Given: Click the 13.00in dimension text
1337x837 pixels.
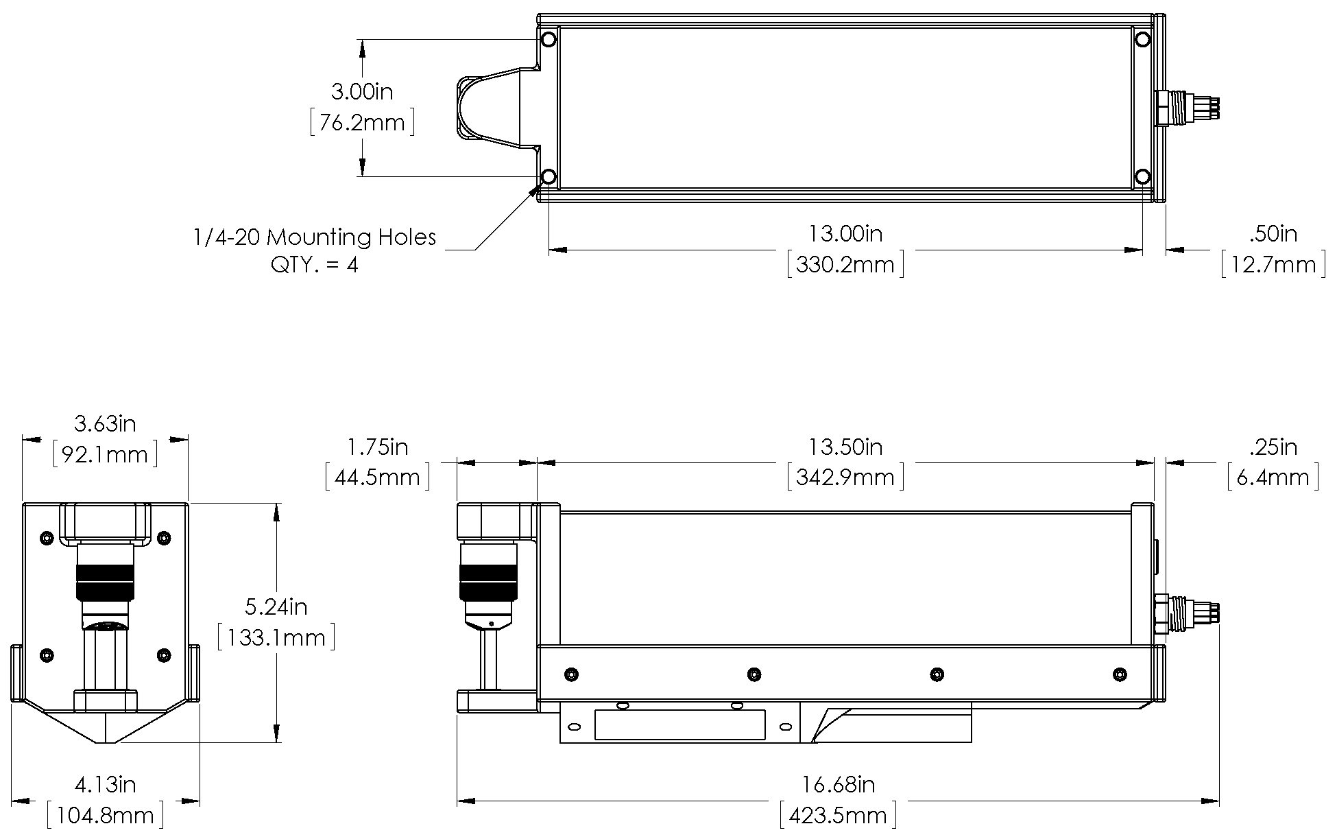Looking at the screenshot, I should click(x=845, y=234).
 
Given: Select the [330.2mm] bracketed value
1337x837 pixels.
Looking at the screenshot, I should click(x=845, y=265).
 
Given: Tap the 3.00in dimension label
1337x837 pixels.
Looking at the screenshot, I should click(x=362, y=91).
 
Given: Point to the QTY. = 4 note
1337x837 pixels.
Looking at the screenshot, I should click(x=315, y=265).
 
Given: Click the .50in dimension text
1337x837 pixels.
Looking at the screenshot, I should click(x=1273, y=234).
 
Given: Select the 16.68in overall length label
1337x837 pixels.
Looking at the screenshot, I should click(x=839, y=784).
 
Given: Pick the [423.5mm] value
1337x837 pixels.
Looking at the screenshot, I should click(x=839, y=816).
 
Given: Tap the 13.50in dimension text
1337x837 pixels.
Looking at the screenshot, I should click(x=845, y=447).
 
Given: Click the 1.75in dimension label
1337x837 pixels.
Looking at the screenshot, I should click(x=377, y=447).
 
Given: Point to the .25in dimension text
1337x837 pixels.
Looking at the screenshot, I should click(x=1273, y=447).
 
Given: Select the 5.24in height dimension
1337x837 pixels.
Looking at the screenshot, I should click(x=276, y=607).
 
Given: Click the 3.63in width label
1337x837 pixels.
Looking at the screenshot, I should click(x=105, y=424).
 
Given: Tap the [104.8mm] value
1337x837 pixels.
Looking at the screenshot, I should click(x=105, y=816).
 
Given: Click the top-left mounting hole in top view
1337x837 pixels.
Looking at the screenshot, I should click(x=549, y=40).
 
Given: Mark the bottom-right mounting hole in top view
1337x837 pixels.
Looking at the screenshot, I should click(x=1142, y=177).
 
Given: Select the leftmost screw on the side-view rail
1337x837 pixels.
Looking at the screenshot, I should click(x=570, y=674).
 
